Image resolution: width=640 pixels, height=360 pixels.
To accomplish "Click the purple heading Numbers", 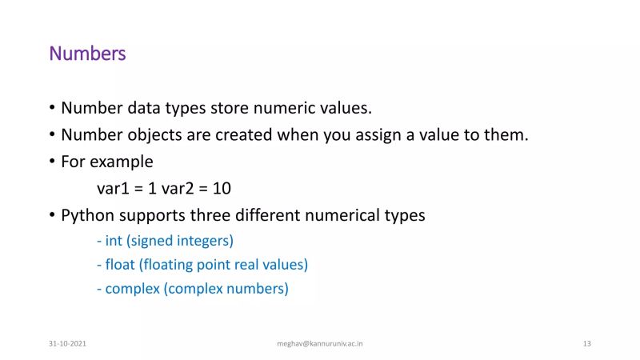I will tap(87, 54).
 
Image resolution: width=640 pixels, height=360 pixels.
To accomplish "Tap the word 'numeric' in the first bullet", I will tap(291, 108).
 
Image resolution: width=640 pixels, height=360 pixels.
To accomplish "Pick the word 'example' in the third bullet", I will tap(121, 162).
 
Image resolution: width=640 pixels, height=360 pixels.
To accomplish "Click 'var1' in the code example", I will tap(112, 189).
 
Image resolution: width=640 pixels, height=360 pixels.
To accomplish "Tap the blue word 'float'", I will tap(120, 264).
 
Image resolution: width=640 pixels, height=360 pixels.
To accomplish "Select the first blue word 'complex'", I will tap(133, 289).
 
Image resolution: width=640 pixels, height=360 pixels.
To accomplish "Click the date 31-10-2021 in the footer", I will tap(66, 343).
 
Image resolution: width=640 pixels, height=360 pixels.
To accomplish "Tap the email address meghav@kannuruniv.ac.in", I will tap(320, 343).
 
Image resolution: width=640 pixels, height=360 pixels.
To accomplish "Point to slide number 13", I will tap(587, 343).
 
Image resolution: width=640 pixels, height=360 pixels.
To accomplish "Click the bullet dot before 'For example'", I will tap(52, 162).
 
